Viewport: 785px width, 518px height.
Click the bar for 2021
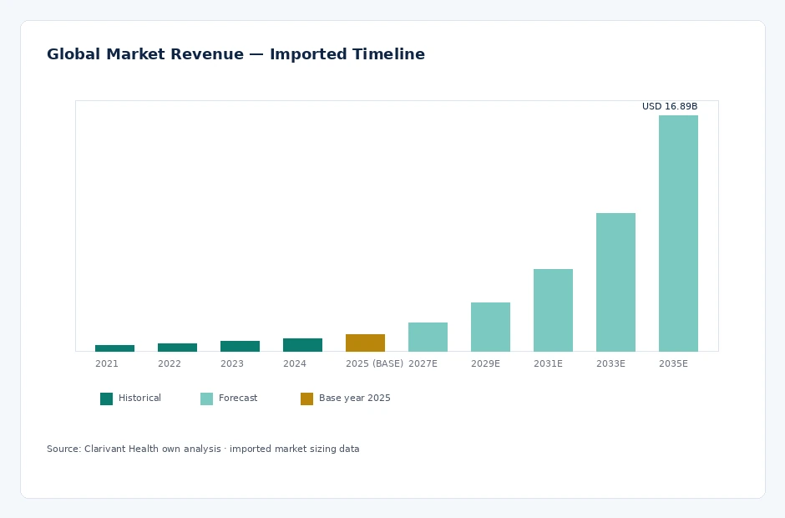pyautogui.click(x=114, y=348)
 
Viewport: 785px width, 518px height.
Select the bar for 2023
pyautogui.click(x=240, y=346)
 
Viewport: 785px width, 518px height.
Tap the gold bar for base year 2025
pyautogui.click(x=366, y=343)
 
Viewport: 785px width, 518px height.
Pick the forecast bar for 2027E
pyautogui.click(x=428, y=338)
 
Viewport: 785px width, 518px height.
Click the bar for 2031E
pyautogui.click(x=553, y=310)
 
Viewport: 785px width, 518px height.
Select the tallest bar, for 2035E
pyautogui.click(x=678, y=233)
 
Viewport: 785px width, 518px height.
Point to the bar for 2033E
pyautogui.click(x=615, y=282)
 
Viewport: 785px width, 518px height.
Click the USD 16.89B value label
pyautogui.click(x=670, y=106)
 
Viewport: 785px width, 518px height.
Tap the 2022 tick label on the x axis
pyautogui.click(x=170, y=363)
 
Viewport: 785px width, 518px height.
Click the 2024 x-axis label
pyautogui.click(x=294, y=363)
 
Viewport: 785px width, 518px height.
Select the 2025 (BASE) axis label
pyautogui.click(x=374, y=363)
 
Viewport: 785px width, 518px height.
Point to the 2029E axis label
pyautogui.click(x=486, y=363)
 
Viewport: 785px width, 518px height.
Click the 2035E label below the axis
pyautogui.click(x=673, y=363)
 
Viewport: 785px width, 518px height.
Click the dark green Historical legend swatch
pyautogui.click(x=107, y=399)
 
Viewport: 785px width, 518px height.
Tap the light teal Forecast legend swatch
pyautogui.click(x=207, y=399)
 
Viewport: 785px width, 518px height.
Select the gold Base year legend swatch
pyautogui.click(x=306, y=399)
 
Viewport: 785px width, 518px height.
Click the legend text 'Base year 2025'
pyautogui.click(x=354, y=399)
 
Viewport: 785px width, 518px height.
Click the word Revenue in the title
pyautogui.click(x=207, y=54)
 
